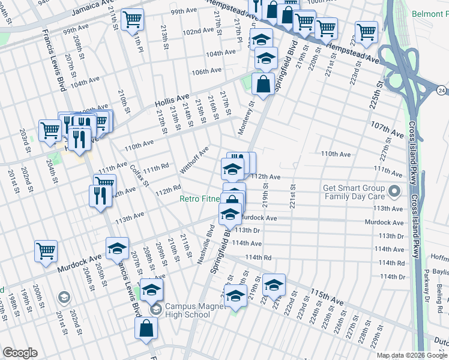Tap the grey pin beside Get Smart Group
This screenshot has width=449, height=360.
point(394,192)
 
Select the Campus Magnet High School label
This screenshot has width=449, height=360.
point(188,310)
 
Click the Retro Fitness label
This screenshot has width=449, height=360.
point(200,199)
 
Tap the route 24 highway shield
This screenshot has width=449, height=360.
point(442,91)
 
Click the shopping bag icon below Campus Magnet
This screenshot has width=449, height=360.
point(146,328)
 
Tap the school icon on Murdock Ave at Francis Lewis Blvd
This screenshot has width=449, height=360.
point(118,247)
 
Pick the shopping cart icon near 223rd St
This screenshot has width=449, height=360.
point(366,31)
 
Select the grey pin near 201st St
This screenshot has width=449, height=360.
point(64,297)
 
